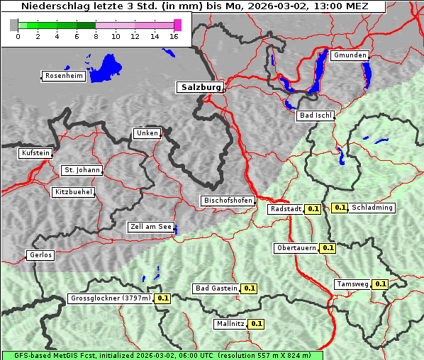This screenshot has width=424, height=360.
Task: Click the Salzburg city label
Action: [199, 87]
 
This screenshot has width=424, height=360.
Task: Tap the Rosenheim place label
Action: [63, 76]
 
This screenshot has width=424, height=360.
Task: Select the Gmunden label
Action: [350, 55]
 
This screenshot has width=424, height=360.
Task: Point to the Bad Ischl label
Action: [315, 116]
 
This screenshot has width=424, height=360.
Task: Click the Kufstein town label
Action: [35, 153]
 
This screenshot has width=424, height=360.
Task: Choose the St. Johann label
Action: [82, 170]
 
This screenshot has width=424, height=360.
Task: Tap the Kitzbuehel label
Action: [73, 192]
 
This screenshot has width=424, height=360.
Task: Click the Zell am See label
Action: [150, 227]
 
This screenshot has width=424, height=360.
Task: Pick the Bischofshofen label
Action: [228, 201]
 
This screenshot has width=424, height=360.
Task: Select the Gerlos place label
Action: [40, 255]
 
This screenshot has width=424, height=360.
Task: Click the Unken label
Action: [147, 133]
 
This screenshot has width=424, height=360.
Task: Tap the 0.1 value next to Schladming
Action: [340, 208]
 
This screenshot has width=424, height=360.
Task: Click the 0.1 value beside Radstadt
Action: [313, 209]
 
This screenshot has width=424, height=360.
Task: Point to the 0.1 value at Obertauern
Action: [328, 248]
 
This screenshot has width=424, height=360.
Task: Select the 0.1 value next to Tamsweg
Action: [381, 284]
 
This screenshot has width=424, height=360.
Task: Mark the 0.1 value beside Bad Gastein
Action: [249, 288]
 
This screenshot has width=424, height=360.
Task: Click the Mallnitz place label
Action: [230, 324]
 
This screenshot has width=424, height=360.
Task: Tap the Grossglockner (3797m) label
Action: [111, 298]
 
